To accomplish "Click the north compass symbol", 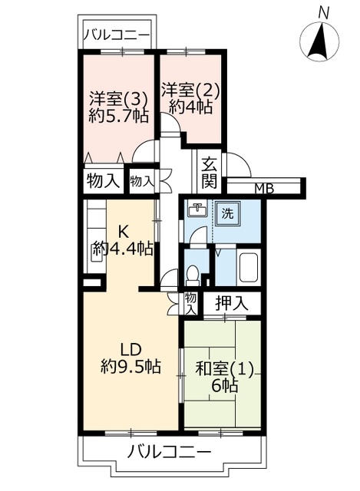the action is coord(319,41).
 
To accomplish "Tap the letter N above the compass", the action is coord(324,13).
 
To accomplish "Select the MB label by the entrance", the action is coord(264,189).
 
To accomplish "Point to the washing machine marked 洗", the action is coord(228,213).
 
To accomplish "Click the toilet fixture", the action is coord(193,275).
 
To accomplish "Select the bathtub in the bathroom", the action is coord(248,267).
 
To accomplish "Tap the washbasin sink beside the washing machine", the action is coord(197,209).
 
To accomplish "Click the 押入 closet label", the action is coord(232,303).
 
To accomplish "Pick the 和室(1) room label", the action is coord(224,370).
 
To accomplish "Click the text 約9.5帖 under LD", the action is coord(130,367).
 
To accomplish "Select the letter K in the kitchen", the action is coord(123,232).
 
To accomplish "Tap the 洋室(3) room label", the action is coord(118,99).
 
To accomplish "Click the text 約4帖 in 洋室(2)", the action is coord(190,107).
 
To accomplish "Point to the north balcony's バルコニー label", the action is coord(116,34).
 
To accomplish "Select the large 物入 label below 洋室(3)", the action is coord(104,181).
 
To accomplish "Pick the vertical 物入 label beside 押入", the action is coord(190,304).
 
